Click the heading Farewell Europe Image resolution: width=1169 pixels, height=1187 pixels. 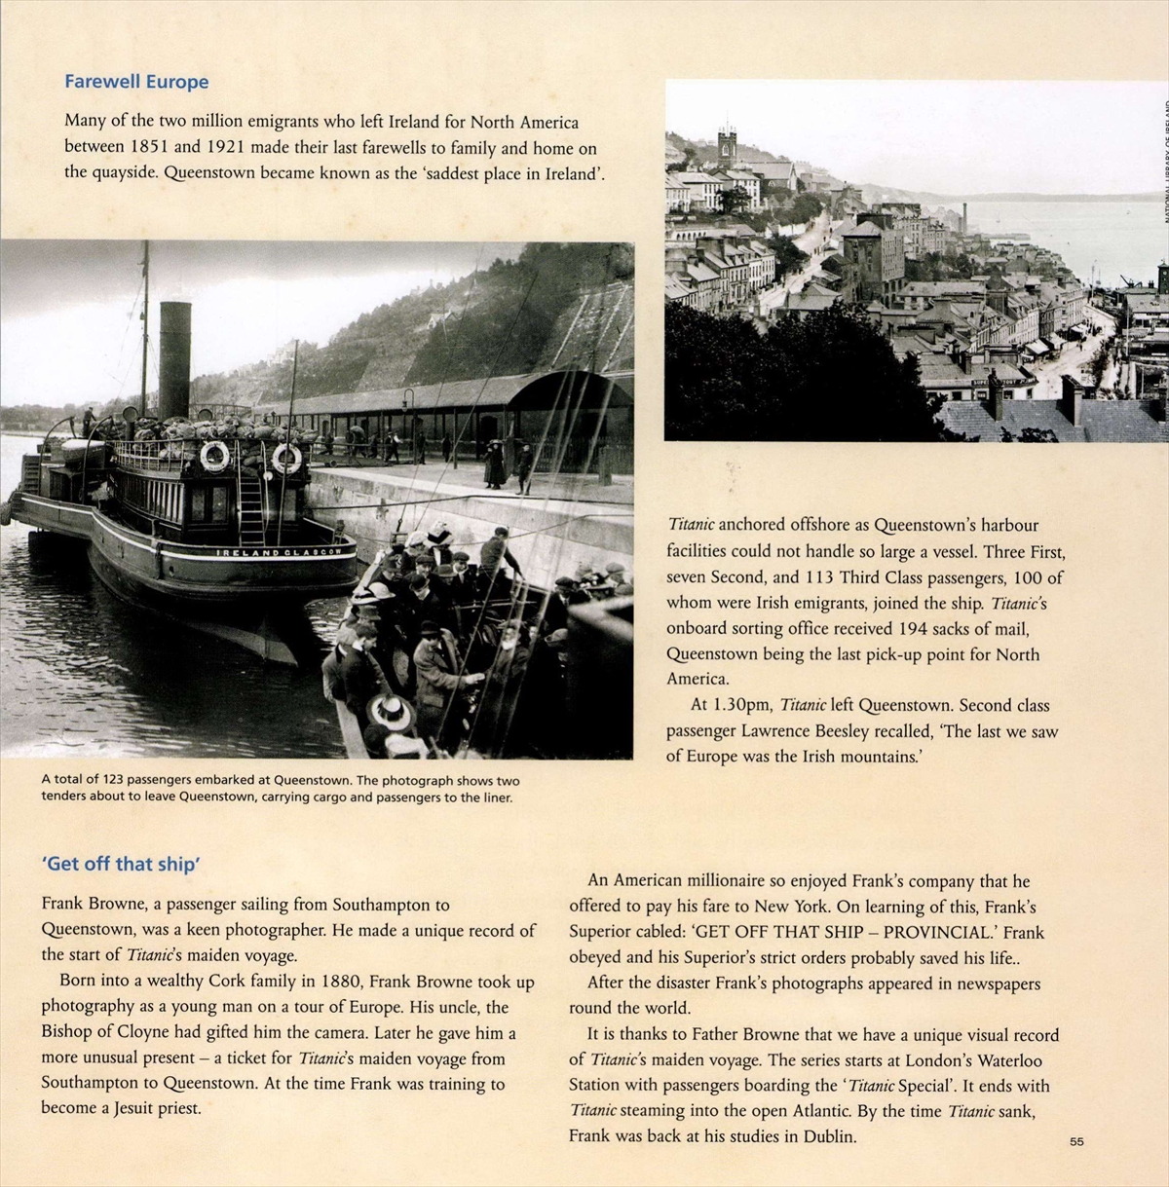coord(136,82)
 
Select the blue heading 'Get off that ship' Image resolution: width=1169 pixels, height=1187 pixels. coord(121,864)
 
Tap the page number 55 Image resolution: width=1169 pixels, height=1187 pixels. coord(1076,1141)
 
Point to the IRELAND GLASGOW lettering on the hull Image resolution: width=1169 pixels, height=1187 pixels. coord(285,552)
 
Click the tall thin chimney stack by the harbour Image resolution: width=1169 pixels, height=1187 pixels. coord(963,217)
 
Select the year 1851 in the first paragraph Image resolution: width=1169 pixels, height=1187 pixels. coord(150,148)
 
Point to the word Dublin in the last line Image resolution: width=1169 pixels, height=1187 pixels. coord(830,1135)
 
